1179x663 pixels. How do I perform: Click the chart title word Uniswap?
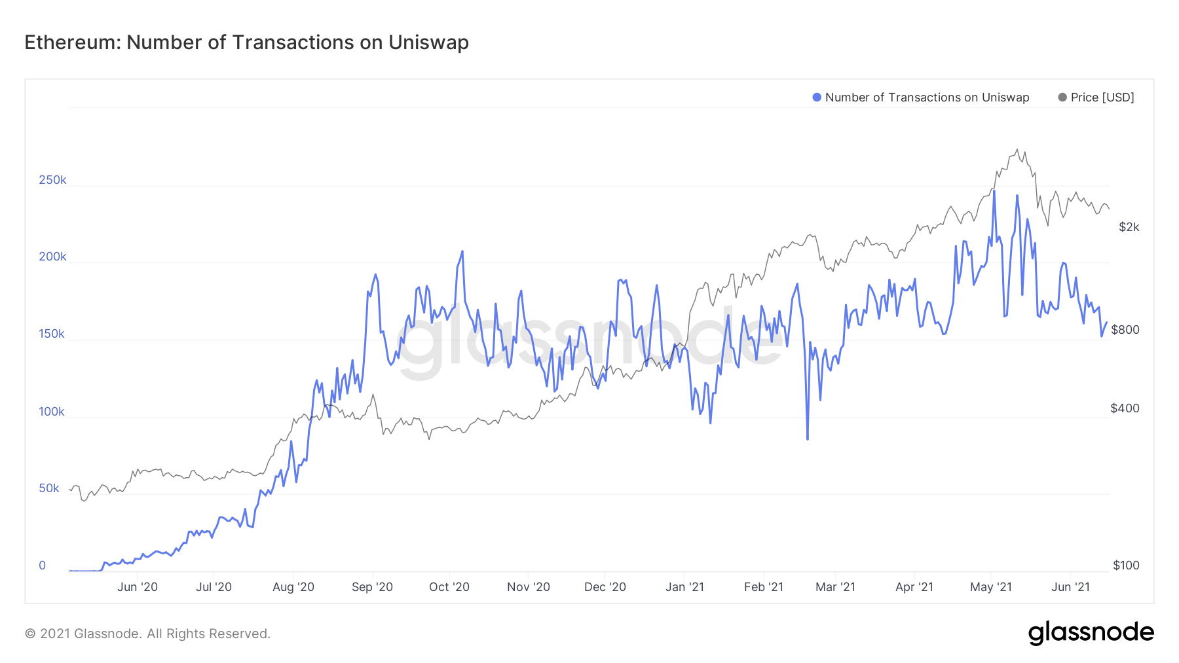[428, 43]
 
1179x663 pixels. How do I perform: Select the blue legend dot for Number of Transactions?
[817, 98]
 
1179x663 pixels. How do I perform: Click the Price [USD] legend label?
[1102, 98]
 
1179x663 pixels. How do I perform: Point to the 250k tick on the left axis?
[52, 180]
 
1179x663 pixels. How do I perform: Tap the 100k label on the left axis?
[52, 412]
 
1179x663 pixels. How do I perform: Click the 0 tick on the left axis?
[43, 565]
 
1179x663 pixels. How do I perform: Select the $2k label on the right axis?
[1129, 227]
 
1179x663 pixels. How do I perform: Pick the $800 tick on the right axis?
[1125, 330]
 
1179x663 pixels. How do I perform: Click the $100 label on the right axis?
[1126, 565]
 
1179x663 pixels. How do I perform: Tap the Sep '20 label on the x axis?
[372, 587]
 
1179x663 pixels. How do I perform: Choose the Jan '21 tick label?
[684, 587]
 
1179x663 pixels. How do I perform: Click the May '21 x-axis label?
[990, 587]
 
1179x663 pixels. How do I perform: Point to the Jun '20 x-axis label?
[138, 587]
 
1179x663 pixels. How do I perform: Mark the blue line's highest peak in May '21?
[994, 190]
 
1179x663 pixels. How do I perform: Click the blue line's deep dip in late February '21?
[808, 439]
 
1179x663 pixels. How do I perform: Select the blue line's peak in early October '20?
[462, 251]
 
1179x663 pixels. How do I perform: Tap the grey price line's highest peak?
[1017, 149]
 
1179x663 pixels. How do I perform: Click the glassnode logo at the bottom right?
[1091, 633]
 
